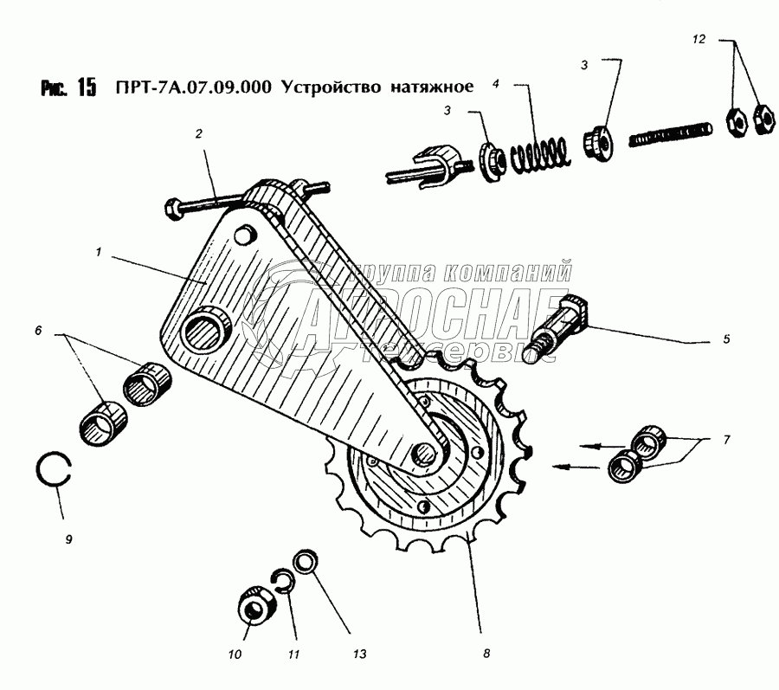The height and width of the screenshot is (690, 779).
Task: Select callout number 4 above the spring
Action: (x=496, y=84)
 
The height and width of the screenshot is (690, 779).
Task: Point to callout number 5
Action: (x=726, y=339)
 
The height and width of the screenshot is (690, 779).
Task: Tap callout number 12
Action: (x=699, y=39)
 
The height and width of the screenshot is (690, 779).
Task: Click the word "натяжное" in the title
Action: (x=429, y=87)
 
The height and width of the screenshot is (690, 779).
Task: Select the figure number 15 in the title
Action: (x=86, y=88)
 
